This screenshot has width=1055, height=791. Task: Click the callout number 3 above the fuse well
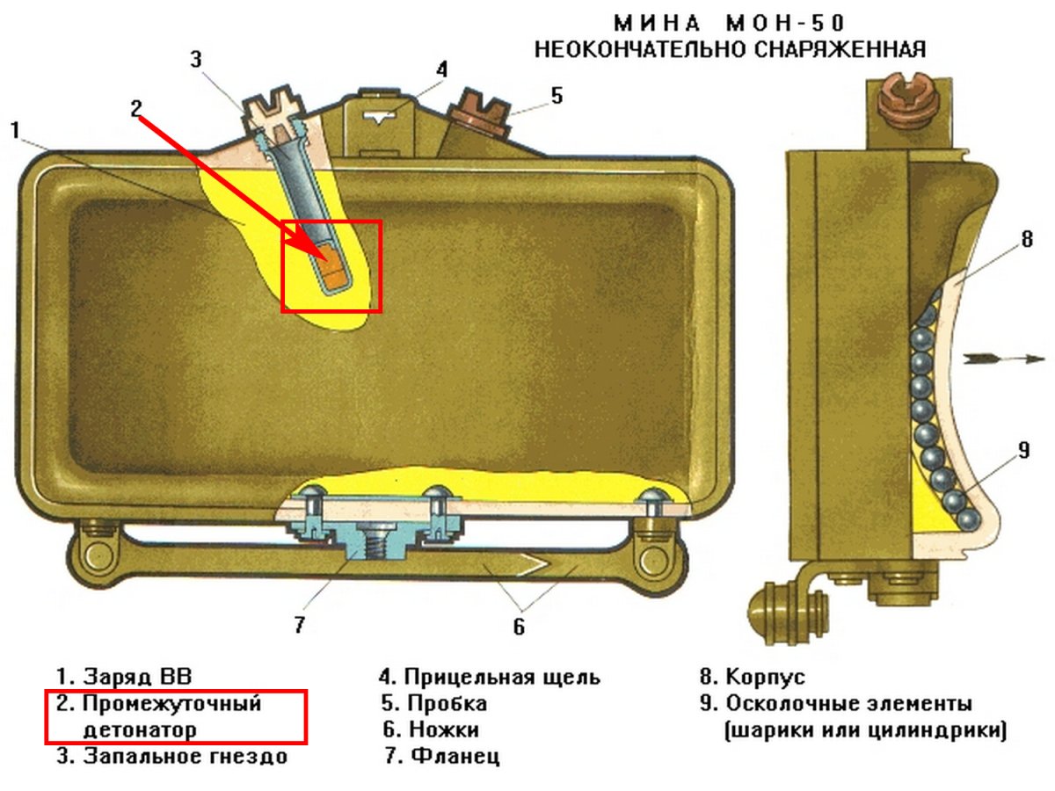pos(197,59)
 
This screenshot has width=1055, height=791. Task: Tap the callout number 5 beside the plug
pos(557,95)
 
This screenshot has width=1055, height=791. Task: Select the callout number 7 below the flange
pos(299,625)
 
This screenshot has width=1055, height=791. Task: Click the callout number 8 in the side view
pos(1027,239)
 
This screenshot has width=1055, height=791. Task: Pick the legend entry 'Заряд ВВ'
pos(136,677)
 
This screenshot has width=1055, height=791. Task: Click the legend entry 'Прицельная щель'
pos(502,677)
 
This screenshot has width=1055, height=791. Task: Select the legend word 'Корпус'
pos(765,677)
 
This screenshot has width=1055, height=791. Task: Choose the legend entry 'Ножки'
pos(443,729)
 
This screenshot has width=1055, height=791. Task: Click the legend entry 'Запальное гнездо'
pos(185,755)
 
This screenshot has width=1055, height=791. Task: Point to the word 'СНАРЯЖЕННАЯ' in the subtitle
pos(841,49)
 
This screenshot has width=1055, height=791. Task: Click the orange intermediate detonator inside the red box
pos(333,266)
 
